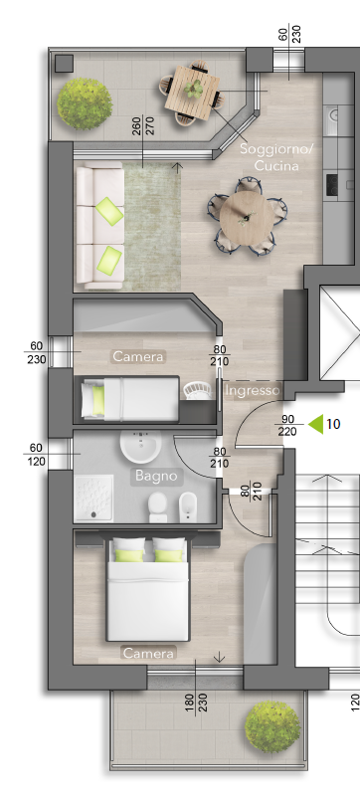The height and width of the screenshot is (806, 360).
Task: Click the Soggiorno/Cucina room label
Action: pos(276,158)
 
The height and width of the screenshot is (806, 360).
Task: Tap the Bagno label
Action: pos(156,476)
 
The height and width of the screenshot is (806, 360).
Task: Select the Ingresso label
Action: pos(253,391)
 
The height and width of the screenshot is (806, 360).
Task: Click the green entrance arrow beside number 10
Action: pos(315,424)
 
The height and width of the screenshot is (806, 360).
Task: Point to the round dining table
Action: pos(247,216)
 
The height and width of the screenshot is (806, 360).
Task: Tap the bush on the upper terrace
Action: pos(85,103)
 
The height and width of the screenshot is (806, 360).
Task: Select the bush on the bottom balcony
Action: pos(272,727)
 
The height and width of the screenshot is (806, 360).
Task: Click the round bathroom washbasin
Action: pos(140,445)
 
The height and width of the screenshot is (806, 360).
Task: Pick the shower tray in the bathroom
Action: pos(94,498)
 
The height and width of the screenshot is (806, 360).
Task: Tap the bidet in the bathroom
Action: pos(188,506)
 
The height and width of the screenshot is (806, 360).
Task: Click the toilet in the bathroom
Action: pos(158,506)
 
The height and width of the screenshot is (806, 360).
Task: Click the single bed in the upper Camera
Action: pos(130,399)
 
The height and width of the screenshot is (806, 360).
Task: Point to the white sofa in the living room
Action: pos(100,226)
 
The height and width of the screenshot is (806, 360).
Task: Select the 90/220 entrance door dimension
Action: pos(287,425)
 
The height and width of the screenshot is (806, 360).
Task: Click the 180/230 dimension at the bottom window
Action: pos(195,707)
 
